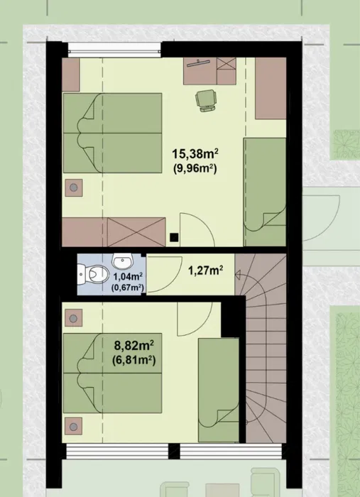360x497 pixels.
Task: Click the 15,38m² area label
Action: click(x=195, y=154)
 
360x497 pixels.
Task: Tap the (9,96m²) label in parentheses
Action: click(x=195, y=169)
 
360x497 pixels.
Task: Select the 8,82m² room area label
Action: click(x=134, y=346)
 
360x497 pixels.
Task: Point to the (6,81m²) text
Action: click(x=134, y=361)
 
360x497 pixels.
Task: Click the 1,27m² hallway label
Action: click(x=206, y=271)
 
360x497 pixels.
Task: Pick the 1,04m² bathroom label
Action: click(x=128, y=277)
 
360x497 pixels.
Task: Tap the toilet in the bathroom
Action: click(x=93, y=274)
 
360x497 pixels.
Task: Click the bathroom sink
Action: click(x=123, y=261)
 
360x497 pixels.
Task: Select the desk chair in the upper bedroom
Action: click(x=206, y=100)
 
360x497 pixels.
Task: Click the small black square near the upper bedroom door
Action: click(x=174, y=237)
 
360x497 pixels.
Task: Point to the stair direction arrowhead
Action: click(x=238, y=275)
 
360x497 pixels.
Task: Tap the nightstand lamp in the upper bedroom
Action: click(x=74, y=187)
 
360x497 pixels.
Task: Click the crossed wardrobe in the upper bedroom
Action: click(x=136, y=232)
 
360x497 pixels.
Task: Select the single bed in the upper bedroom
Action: click(x=265, y=192)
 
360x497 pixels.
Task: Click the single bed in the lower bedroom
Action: click(x=219, y=390)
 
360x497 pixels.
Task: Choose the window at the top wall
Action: click(x=114, y=50)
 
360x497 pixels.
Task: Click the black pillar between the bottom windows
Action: click(x=174, y=451)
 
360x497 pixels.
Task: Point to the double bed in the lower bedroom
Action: click(x=112, y=373)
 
